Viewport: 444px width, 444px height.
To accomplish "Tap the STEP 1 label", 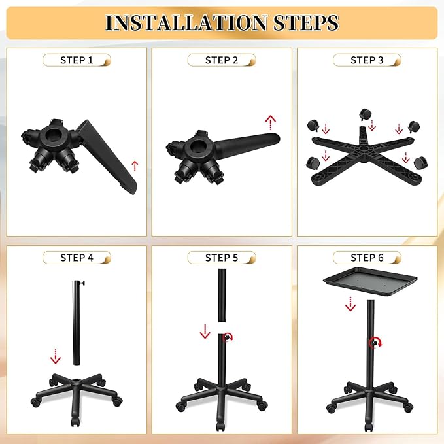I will pos(77,60).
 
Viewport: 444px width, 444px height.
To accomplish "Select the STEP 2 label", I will pos(222,60).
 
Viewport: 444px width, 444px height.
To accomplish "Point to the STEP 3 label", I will pos(367,60).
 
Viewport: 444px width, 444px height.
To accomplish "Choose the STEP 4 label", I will pos(77,258).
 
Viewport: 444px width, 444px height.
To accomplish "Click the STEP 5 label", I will pos(222,258).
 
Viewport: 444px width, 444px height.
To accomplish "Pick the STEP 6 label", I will pos(367,258).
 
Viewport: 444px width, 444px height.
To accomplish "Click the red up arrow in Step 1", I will pos(135,164).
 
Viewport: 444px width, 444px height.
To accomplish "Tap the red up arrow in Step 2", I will pos(271,122).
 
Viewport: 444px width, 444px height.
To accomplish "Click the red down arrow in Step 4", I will pos(56,356).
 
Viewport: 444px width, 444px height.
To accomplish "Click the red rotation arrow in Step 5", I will pos(228,337).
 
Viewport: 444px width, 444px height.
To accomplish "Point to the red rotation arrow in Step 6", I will pos(374,342).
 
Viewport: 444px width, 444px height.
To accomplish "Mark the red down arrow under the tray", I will pos(350,303).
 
